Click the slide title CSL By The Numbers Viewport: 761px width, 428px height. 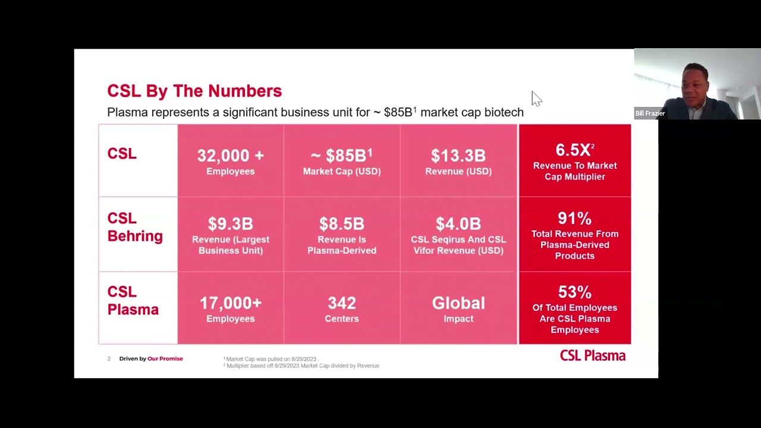(194, 91)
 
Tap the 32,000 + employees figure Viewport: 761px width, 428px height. (231, 156)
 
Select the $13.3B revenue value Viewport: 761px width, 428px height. (458, 156)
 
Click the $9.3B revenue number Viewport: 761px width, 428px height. (231, 224)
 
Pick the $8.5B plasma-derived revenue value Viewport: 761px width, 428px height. (342, 224)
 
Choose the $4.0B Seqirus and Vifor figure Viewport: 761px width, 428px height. (458, 224)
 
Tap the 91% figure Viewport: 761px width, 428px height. (575, 218)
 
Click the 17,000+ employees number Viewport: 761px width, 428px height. (231, 303)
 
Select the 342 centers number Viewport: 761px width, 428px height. (342, 303)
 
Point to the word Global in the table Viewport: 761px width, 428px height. (458, 303)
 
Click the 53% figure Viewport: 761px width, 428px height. (575, 292)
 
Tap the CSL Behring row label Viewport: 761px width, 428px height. (135, 227)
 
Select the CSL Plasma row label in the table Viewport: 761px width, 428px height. (133, 301)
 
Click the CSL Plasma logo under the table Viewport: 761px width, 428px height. (593, 355)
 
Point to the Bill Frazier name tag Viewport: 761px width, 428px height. (650, 114)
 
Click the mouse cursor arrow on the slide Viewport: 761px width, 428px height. (536, 99)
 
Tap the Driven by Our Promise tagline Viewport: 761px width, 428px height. (151, 358)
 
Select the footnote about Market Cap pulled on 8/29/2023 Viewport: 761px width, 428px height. (271, 359)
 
